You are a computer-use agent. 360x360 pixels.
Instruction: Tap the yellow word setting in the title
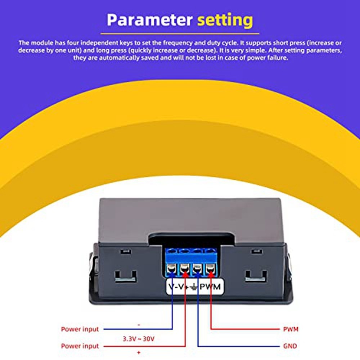pos(225,20)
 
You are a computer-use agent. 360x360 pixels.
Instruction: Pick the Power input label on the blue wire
pos(80,329)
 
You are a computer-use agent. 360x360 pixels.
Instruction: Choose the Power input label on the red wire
pos(80,346)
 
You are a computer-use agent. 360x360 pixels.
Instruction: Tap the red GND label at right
pos(290,346)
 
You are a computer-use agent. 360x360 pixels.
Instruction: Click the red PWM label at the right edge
pos(291,329)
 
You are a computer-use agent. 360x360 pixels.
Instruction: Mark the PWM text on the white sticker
pos(211,287)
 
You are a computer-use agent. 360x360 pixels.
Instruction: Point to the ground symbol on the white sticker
pos(194,287)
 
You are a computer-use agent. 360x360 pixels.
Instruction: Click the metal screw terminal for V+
pos(185,268)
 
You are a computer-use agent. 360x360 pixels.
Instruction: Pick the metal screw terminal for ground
pos(197,268)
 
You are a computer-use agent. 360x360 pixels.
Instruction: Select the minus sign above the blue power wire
pos(139,324)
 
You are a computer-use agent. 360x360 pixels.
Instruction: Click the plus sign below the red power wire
pos(139,352)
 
